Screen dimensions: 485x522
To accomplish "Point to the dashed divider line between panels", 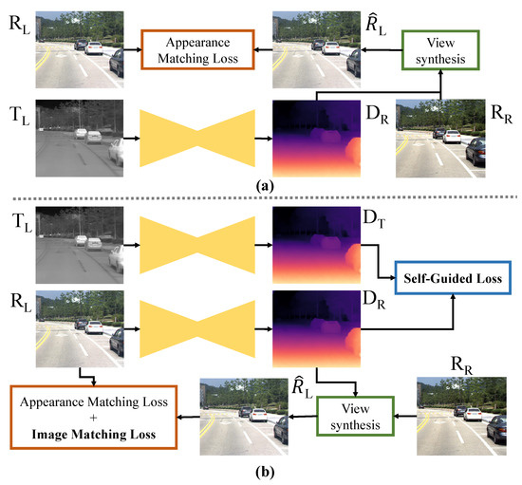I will tap(261, 197).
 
